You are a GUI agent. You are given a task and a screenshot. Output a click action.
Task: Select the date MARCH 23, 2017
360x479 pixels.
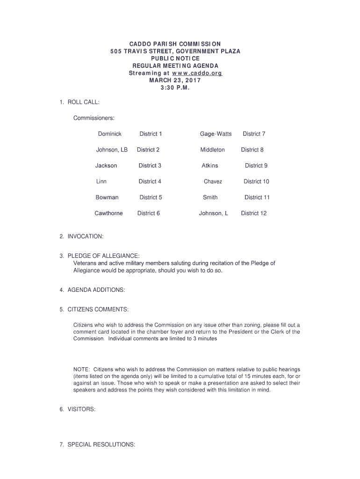click(175, 80)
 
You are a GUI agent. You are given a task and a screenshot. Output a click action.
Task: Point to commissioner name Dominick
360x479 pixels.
click(109, 134)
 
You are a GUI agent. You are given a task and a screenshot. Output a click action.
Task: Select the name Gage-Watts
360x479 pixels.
click(216, 134)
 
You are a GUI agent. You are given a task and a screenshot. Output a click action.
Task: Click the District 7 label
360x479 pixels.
click(254, 134)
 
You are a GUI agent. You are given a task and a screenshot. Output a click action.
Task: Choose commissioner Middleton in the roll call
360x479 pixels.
click(212, 150)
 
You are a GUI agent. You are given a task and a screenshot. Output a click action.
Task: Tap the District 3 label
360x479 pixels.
click(150, 166)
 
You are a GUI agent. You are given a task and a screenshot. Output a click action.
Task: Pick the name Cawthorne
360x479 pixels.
click(108, 213)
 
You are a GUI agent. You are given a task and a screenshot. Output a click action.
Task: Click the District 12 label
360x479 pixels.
click(253, 213)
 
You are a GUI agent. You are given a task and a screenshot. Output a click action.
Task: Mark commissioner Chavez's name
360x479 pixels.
click(213, 181)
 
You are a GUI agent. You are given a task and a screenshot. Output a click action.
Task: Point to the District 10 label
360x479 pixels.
click(256, 181)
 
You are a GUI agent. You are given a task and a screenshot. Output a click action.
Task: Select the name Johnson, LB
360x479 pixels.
click(111, 150)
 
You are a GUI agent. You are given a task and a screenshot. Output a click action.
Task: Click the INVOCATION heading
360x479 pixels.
click(85, 237)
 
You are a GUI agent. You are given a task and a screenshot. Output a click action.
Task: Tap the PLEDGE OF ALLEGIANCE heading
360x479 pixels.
click(103, 256)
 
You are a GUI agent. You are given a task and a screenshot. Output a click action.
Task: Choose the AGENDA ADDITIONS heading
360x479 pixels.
click(96, 290)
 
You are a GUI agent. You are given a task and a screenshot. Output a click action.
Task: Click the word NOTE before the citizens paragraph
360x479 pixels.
click(81, 369)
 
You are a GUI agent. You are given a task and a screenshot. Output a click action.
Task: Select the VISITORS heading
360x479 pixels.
click(81, 409)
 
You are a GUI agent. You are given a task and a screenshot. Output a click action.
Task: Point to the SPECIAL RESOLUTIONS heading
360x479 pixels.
click(101, 444)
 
